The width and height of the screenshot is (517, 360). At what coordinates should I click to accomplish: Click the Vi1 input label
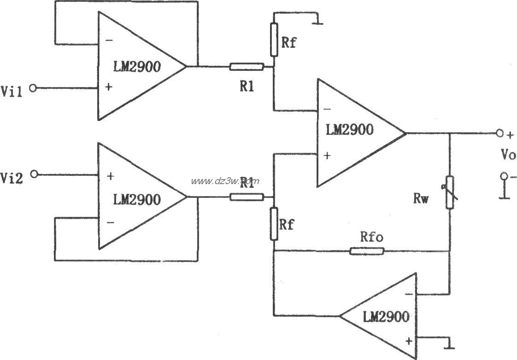click(x=12, y=89)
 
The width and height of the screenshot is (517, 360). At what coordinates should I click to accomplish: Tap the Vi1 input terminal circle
click(x=33, y=88)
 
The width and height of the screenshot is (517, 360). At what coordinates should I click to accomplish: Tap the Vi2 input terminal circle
click(x=33, y=174)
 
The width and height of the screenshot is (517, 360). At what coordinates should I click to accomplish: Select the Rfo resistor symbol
click(x=367, y=251)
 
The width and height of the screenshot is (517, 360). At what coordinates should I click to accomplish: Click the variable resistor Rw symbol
click(x=449, y=192)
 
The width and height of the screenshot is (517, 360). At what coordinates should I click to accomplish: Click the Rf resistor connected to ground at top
click(x=274, y=40)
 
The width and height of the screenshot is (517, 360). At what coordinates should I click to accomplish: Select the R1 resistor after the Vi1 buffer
click(x=247, y=67)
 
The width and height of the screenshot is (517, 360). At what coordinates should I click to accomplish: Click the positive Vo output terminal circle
click(x=499, y=134)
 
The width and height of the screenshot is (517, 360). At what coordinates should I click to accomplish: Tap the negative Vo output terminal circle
click(x=504, y=176)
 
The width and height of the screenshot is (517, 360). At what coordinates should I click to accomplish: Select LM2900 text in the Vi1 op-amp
click(x=136, y=67)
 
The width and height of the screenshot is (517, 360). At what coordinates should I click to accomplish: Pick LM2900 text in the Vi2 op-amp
click(x=136, y=200)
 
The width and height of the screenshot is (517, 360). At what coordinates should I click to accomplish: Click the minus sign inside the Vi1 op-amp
click(x=109, y=41)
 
